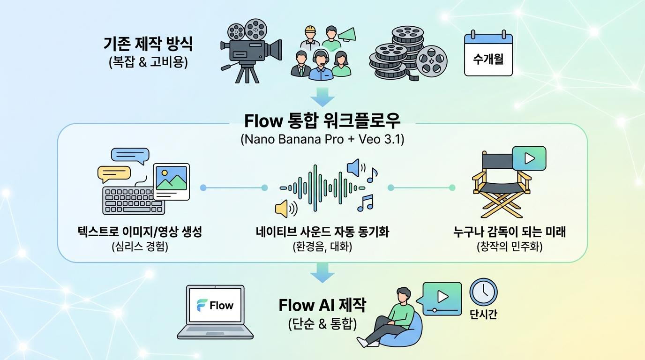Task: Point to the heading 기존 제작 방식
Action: (148, 45)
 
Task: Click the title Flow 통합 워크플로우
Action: (322, 121)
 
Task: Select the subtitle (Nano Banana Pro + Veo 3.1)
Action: (322, 140)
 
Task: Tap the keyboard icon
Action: (133, 200)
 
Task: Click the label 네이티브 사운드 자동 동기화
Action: (322, 232)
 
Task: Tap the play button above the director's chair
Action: (529, 158)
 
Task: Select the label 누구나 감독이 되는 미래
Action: (510, 232)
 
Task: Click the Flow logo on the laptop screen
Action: (215, 305)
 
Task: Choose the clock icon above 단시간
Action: (483, 292)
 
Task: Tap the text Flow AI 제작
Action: (322, 306)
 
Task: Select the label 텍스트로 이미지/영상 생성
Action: (140, 232)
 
